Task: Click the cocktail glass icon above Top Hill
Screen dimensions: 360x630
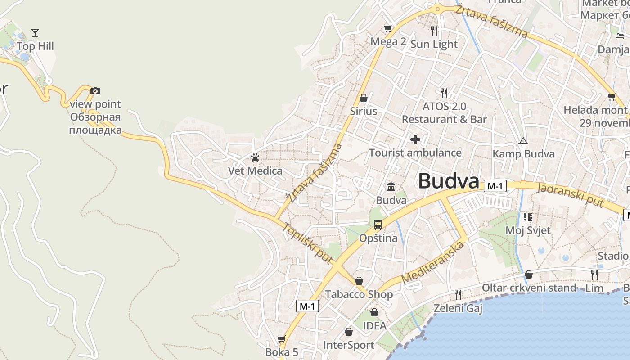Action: [x=35, y=32]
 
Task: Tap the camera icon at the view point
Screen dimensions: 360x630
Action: [x=95, y=91]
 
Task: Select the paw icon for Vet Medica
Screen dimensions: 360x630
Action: [x=255, y=157]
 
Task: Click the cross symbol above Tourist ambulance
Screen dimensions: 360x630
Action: [x=415, y=139]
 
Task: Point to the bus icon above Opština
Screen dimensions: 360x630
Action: [x=378, y=225]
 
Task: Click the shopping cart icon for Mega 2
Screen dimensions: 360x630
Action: [x=388, y=29]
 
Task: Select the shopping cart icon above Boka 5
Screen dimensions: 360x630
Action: [x=282, y=339]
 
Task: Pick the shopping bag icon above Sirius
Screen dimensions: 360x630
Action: [x=364, y=98]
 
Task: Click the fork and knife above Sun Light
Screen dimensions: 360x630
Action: [x=434, y=31]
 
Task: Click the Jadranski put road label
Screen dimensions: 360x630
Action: [x=570, y=194]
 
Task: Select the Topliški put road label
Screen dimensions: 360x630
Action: [x=308, y=243]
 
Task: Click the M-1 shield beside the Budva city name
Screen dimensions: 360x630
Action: [x=495, y=186]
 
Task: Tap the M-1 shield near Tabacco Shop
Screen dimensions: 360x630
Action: [x=308, y=306]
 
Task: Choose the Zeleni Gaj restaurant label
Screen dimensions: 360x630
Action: [x=458, y=308]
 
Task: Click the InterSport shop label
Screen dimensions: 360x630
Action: [x=349, y=345]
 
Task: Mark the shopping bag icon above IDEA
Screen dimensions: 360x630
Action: [x=374, y=312]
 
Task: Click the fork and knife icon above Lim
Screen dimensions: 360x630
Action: [x=594, y=274]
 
